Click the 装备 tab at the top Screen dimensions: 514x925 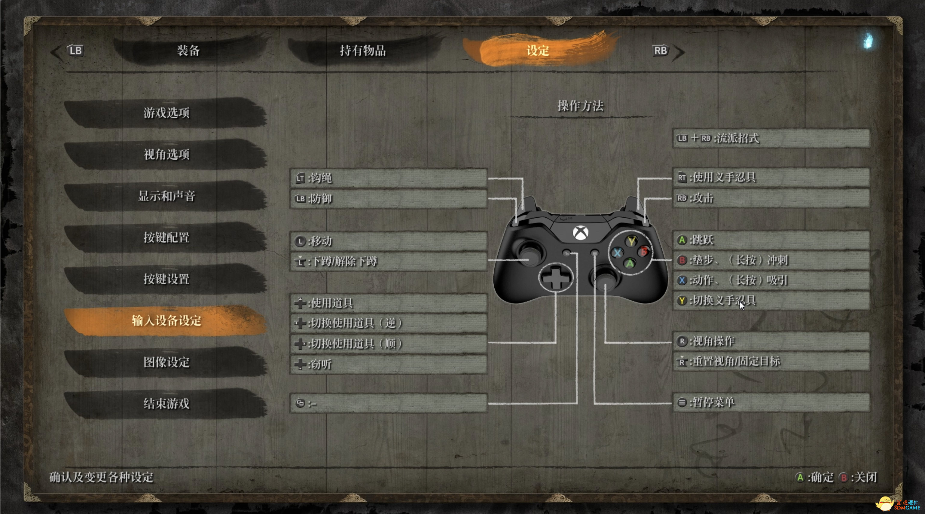click(x=188, y=50)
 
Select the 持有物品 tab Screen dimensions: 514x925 click(x=363, y=50)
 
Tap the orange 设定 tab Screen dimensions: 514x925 click(x=538, y=50)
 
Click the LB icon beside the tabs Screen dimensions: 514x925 click(x=75, y=50)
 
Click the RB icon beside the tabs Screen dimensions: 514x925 click(x=660, y=50)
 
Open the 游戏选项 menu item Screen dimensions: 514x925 click(x=166, y=113)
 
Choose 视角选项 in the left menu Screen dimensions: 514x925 click(x=166, y=155)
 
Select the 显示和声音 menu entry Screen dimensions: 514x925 click(x=166, y=196)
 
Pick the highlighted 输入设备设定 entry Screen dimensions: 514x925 click(x=166, y=320)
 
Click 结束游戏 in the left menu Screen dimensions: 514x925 click(x=166, y=404)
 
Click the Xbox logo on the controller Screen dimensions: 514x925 click(x=580, y=233)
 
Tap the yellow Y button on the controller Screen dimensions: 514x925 click(x=631, y=241)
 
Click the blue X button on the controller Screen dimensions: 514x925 click(x=617, y=253)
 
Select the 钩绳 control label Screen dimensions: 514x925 click(x=321, y=178)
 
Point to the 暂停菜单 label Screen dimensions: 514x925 click(x=713, y=402)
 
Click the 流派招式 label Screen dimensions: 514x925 click(x=737, y=138)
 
